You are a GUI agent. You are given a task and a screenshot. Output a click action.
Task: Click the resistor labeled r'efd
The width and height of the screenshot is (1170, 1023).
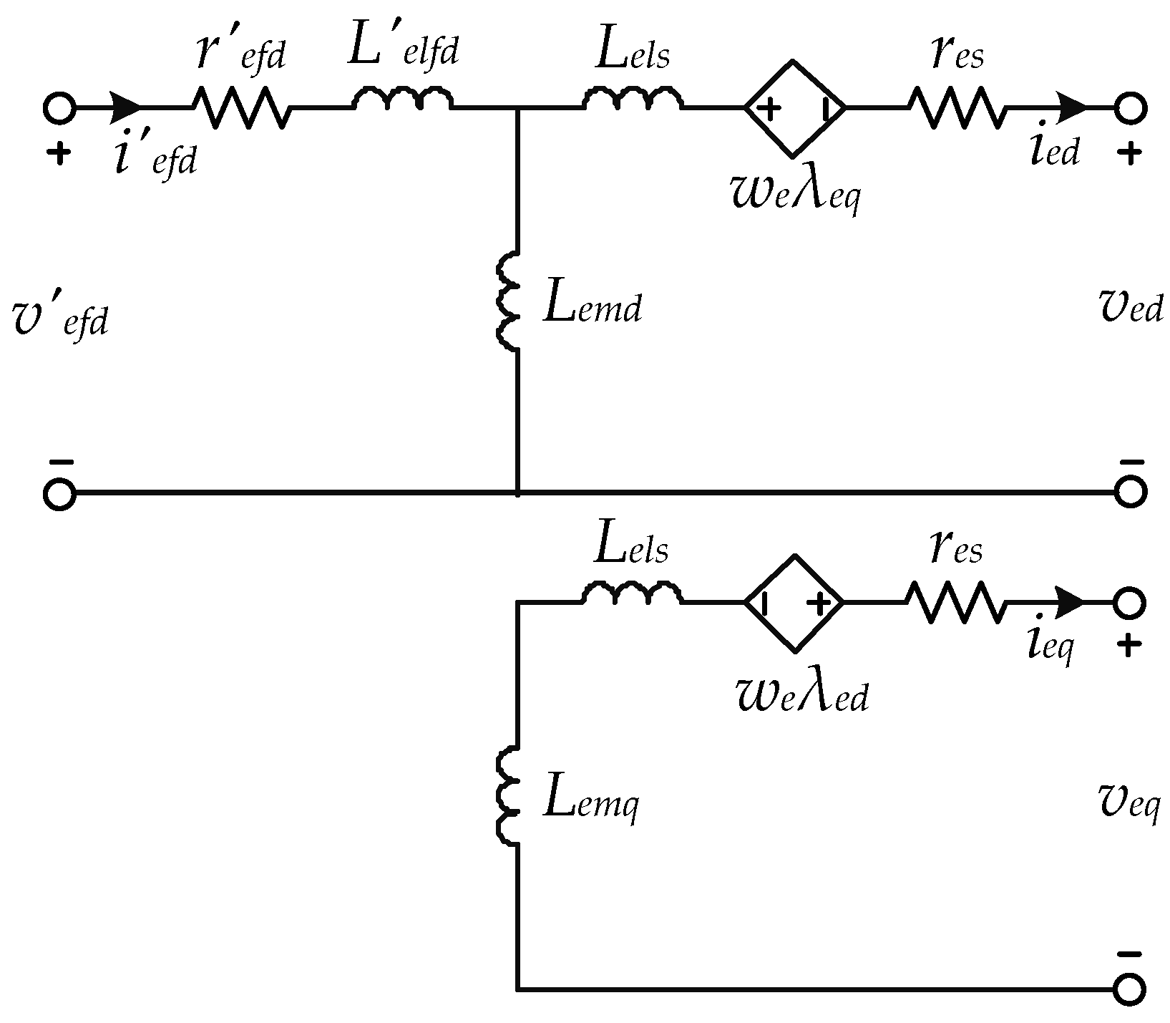pyautogui.click(x=242, y=108)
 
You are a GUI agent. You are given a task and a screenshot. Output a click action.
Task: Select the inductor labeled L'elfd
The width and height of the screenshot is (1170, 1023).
pyautogui.click(x=401, y=101)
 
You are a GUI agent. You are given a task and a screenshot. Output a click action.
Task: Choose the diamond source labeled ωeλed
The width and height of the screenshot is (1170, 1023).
pyautogui.click(x=794, y=603)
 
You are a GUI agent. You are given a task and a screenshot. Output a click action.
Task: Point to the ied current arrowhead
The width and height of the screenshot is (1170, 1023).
pyautogui.click(x=1072, y=108)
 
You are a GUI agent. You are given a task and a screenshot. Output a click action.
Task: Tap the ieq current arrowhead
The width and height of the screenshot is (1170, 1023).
pyautogui.click(x=1071, y=602)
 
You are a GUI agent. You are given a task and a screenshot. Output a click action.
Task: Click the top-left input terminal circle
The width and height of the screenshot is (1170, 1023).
pyautogui.click(x=59, y=108)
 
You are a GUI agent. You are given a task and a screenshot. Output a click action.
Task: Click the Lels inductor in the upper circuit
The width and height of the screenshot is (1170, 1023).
pyautogui.click(x=633, y=100)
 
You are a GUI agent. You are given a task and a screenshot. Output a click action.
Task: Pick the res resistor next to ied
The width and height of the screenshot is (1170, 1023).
pyautogui.click(x=956, y=108)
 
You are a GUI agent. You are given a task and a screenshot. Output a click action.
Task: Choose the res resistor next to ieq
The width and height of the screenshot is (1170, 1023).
pyautogui.click(x=955, y=602)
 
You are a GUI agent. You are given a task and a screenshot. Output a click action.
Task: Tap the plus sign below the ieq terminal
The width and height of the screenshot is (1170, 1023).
pyautogui.click(x=1128, y=646)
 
